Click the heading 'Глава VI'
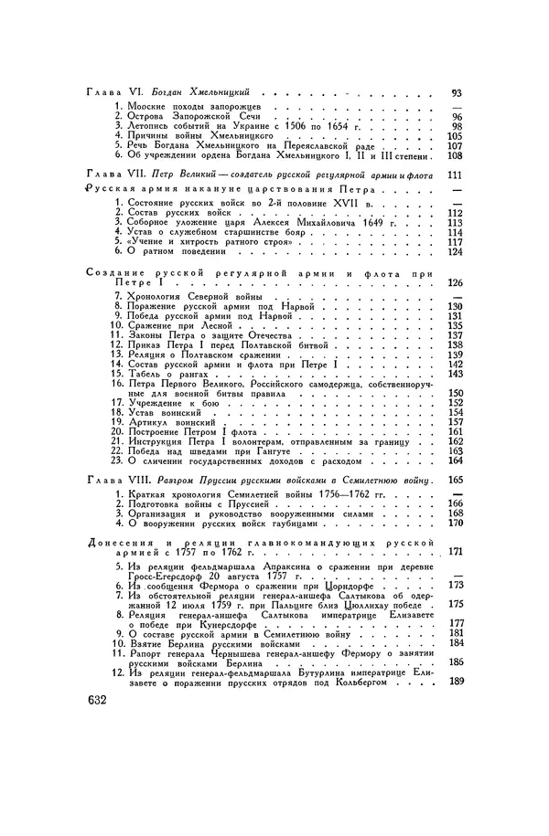[x=108, y=93]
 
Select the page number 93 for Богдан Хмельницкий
[x=457, y=93]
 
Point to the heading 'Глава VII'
[x=110, y=174]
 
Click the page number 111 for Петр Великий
[x=455, y=174]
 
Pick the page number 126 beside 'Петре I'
[x=455, y=284]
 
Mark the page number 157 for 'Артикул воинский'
[x=456, y=423]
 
